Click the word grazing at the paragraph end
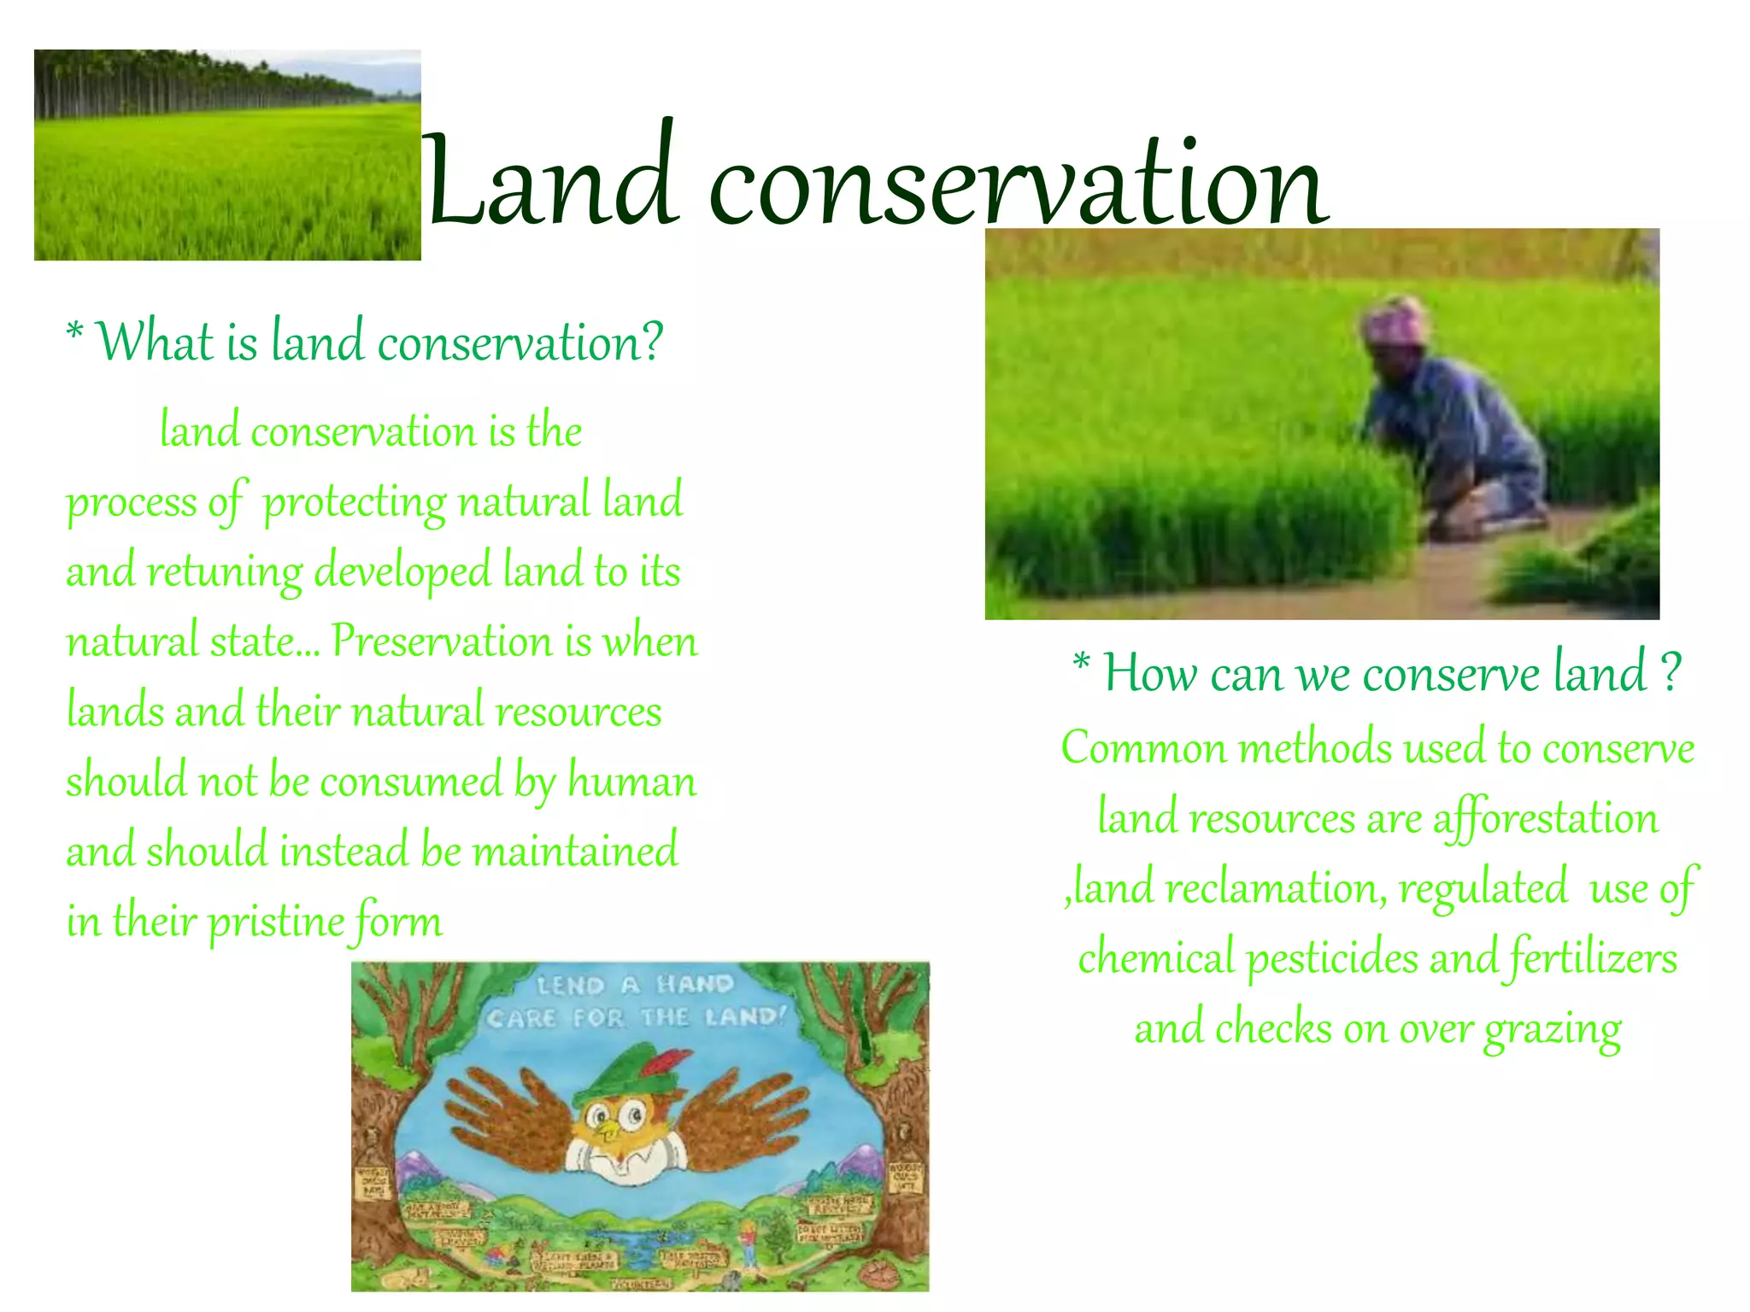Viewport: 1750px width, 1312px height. pyautogui.click(x=1552, y=1029)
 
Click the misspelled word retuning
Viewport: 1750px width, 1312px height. pyautogui.click(x=225, y=571)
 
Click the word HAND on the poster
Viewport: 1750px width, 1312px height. pyautogui.click(x=695, y=985)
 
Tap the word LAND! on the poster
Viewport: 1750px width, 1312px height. pyautogui.click(x=744, y=1017)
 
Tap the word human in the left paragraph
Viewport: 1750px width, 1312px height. pyautogui.click(x=631, y=781)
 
